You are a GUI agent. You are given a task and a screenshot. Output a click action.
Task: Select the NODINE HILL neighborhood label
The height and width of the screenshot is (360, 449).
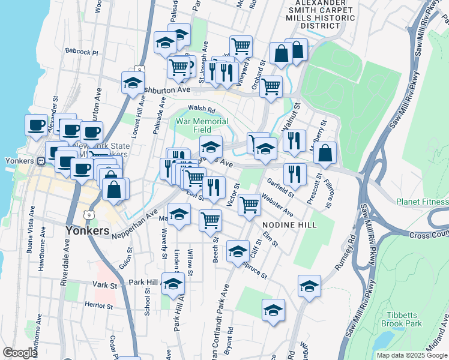[289, 223]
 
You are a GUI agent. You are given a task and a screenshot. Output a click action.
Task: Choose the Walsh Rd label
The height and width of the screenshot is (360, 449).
[201, 109]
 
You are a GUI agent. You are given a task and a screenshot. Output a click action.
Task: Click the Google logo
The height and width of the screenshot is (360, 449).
[19, 353]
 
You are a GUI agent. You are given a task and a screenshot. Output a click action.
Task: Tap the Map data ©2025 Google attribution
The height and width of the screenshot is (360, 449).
[412, 355]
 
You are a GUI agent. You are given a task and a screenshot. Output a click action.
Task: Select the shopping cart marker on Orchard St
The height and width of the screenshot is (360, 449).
[271, 86]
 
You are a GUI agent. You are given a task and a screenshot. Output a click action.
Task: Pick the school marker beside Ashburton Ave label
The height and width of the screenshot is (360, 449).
[133, 83]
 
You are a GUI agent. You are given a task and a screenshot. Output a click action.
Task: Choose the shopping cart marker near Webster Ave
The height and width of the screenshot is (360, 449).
[249, 205]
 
